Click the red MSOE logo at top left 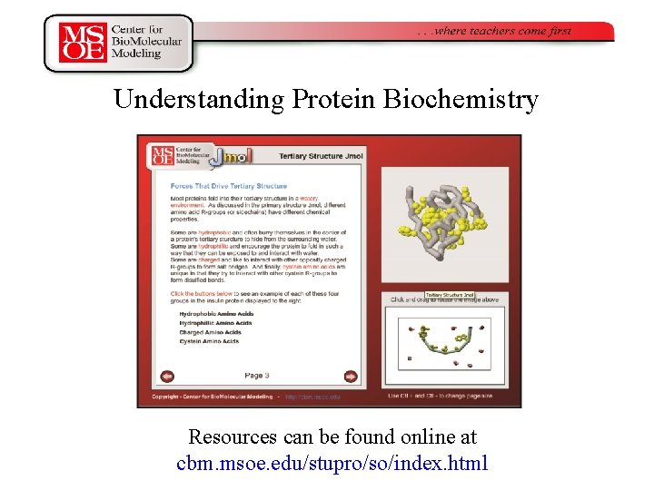(x=83, y=43)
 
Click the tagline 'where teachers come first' (x=494, y=31)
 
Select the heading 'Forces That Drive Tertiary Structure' (x=222, y=186)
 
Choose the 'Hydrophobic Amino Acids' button (x=215, y=314)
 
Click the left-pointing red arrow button (x=167, y=376)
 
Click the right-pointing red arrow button (x=351, y=376)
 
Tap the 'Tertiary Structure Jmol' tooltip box (x=451, y=295)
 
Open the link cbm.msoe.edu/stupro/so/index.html (x=332, y=463)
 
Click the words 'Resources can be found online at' (x=332, y=436)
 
